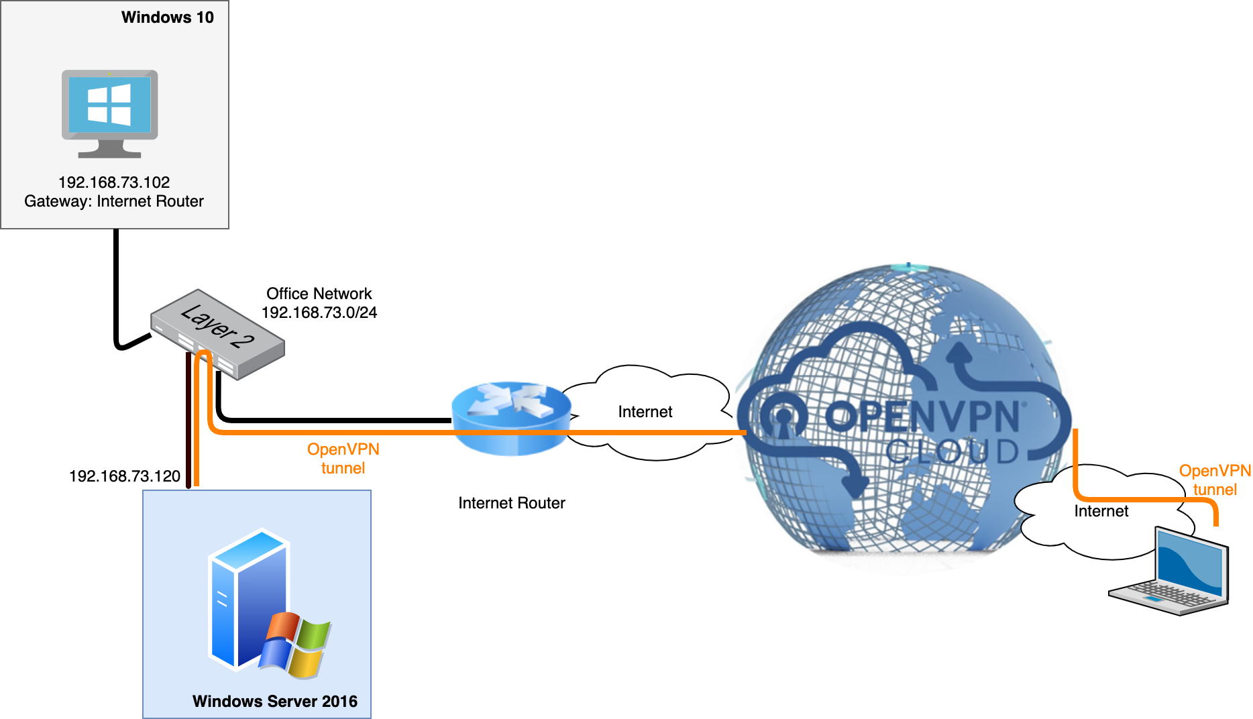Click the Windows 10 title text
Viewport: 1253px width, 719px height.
click(x=167, y=17)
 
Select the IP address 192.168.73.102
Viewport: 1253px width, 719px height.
click(x=114, y=182)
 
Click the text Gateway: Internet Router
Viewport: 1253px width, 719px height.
click(x=114, y=201)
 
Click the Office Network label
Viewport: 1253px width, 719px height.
click(x=319, y=294)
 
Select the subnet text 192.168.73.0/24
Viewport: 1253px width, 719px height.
click(x=319, y=313)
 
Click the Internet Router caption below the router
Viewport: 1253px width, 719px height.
click(x=511, y=503)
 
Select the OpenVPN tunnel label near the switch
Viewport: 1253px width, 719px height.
click(x=343, y=459)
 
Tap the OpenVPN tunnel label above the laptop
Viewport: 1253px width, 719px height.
click(x=1215, y=480)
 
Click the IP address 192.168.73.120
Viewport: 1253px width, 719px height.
click(x=125, y=476)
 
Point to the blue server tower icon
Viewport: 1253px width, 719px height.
click(x=245, y=597)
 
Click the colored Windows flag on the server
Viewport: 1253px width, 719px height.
click(x=296, y=644)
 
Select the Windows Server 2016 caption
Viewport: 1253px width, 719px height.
click(x=275, y=702)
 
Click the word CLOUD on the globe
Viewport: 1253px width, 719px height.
click(x=952, y=452)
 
